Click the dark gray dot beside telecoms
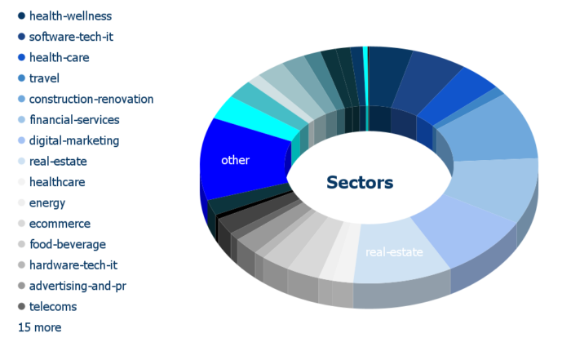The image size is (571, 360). [21, 306]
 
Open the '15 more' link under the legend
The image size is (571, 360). [40, 327]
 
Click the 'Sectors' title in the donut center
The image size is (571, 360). [360, 183]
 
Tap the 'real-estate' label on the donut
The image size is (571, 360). [394, 252]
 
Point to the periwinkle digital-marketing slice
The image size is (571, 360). [463, 229]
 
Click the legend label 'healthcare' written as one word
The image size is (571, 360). [57, 182]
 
